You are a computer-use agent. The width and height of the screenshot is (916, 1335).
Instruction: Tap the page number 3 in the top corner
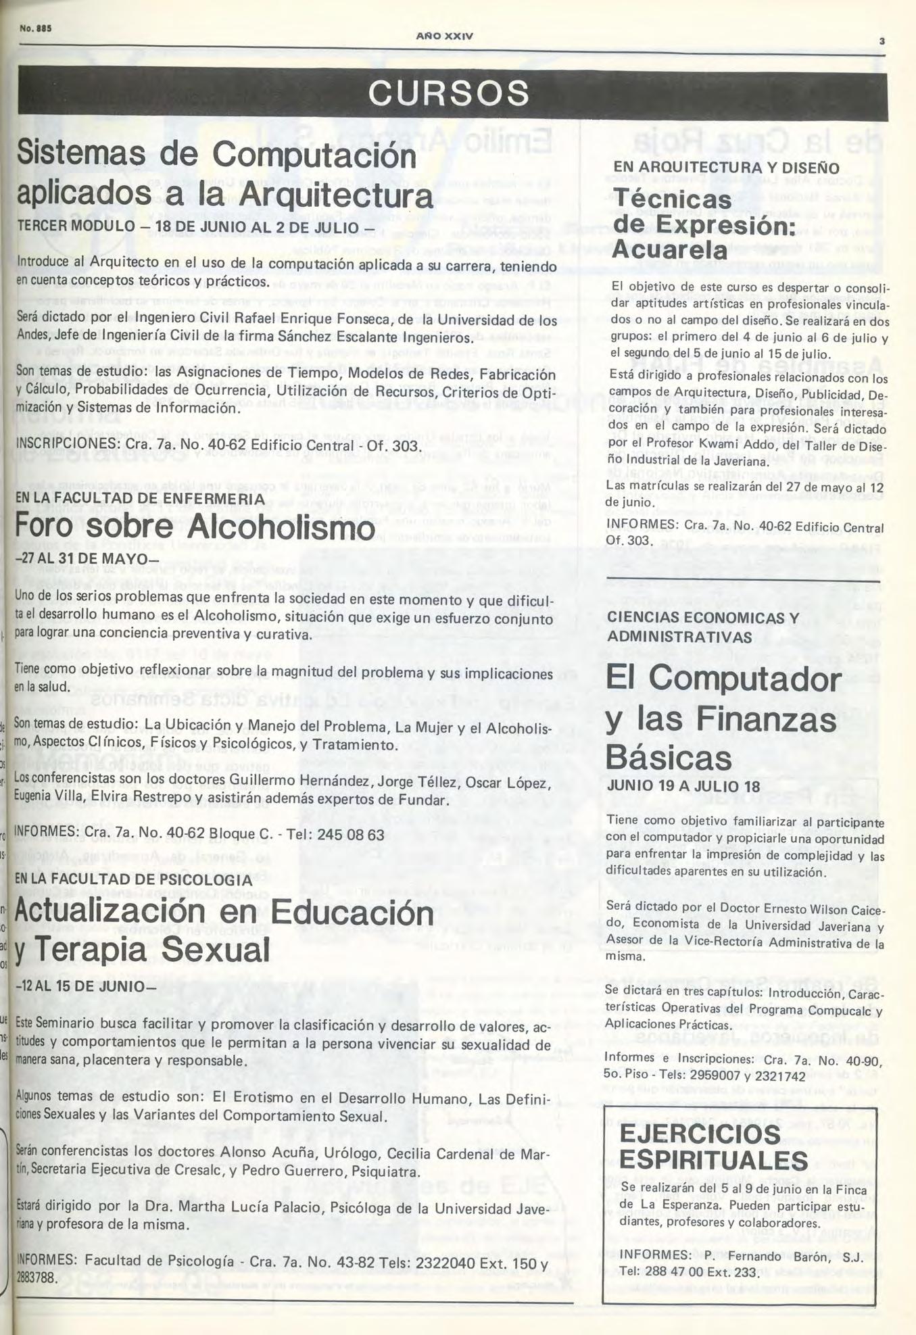(881, 41)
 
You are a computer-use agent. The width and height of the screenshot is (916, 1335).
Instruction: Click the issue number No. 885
(37, 29)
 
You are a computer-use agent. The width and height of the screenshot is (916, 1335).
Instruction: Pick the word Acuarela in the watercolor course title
(669, 249)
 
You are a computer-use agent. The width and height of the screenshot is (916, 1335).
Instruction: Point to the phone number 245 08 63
(350, 835)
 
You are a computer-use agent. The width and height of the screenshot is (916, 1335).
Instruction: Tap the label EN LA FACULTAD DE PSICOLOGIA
(133, 880)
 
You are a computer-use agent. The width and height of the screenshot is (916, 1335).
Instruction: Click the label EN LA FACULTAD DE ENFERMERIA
(139, 498)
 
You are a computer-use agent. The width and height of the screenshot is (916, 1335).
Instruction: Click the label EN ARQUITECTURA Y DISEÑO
(726, 168)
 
